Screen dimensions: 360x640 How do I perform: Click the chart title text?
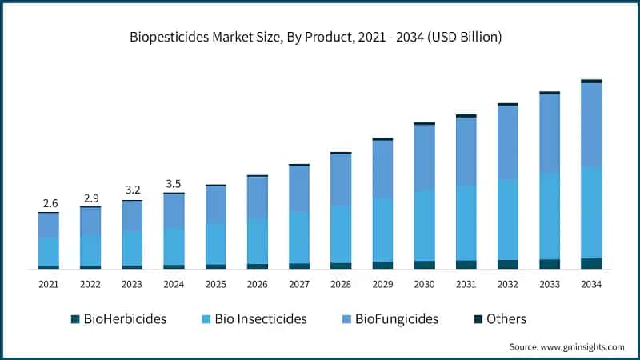(319, 37)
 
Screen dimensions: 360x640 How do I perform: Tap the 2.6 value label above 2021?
(49, 203)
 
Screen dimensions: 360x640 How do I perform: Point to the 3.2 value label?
(132, 190)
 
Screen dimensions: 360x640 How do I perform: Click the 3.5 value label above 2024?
(174, 183)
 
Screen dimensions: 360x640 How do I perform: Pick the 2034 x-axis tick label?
(590, 284)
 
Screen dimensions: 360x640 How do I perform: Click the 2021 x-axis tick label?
(49, 284)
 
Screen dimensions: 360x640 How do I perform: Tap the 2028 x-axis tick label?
(341, 284)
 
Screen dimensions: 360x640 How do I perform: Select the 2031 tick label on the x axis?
(466, 284)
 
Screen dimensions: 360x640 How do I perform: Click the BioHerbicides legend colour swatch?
(75, 319)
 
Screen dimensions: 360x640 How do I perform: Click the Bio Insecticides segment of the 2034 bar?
(590, 213)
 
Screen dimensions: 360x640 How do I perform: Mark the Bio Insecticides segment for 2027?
(299, 238)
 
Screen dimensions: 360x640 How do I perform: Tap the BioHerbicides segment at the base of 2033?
(549, 264)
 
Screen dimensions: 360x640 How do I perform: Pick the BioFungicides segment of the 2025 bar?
(216, 205)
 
